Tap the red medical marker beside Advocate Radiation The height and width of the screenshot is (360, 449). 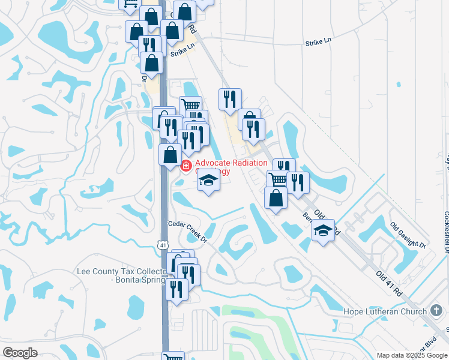point(186,165)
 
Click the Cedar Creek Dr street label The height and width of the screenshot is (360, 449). point(187,231)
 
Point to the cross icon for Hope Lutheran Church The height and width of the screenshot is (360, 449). point(437,311)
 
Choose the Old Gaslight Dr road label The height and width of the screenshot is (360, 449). point(408,235)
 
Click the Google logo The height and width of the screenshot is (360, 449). point(20,353)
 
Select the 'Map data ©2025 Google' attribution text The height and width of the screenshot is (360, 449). point(412,355)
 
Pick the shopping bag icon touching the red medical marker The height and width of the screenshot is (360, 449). point(170,154)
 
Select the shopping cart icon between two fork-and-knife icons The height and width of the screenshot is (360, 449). point(278,179)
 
